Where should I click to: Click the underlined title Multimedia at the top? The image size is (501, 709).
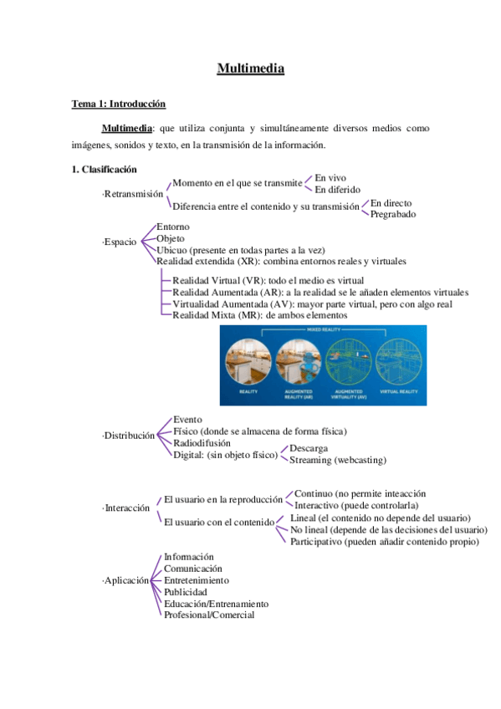pyautogui.click(x=250, y=69)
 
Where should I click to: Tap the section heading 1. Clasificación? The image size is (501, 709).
pyautogui.click(x=104, y=170)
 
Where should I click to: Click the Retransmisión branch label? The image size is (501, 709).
pyautogui.click(x=133, y=194)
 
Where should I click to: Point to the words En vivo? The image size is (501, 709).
pyautogui.click(x=330, y=178)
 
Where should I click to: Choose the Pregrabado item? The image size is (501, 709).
pyautogui.click(x=393, y=215)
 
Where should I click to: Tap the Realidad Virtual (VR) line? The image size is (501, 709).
pyautogui.click(x=268, y=280)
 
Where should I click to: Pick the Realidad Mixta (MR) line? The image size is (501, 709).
pyautogui.click(x=258, y=315)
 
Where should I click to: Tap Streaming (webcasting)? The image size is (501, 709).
pyautogui.click(x=337, y=460)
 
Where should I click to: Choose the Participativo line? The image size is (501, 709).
pyautogui.click(x=384, y=542)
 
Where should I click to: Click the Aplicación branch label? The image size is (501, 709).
pyautogui.click(x=125, y=580)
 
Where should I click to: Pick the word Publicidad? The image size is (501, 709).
pyautogui.click(x=186, y=592)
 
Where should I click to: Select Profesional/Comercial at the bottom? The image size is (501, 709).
pyautogui.click(x=209, y=615)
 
